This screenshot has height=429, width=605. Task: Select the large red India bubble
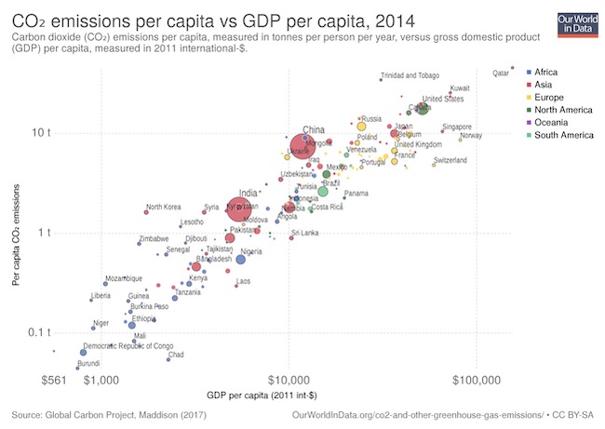click(241, 209)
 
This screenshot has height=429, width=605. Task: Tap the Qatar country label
click(500, 72)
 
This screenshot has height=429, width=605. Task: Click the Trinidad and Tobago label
click(410, 75)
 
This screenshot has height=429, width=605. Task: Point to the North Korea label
click(163, 207)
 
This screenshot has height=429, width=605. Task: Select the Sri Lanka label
click(305, 233)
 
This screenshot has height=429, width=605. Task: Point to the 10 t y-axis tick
click(41, 132)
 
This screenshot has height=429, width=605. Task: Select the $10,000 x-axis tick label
click(289, 381)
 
